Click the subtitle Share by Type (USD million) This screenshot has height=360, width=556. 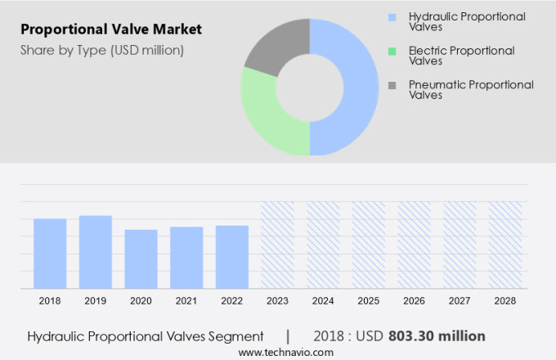tap(101, 50)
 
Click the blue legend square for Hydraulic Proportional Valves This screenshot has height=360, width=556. tap(392, 16)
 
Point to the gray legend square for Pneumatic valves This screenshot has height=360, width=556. tap(392, 85)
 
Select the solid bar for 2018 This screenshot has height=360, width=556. tap(50, 253)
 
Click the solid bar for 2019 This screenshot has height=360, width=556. tap(96, 251)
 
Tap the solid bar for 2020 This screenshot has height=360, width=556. tap(141, 259)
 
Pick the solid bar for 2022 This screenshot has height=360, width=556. tap(232, 256)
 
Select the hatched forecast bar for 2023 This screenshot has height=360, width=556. tap(277, 245)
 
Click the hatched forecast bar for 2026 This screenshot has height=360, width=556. tap(414, 245)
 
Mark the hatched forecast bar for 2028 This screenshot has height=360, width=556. tap(504, 245)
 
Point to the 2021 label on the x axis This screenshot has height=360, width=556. tap(186, 301)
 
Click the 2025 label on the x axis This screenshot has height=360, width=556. tap(368, 301)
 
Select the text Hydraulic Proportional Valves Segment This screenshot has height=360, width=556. tap(146, 336)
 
